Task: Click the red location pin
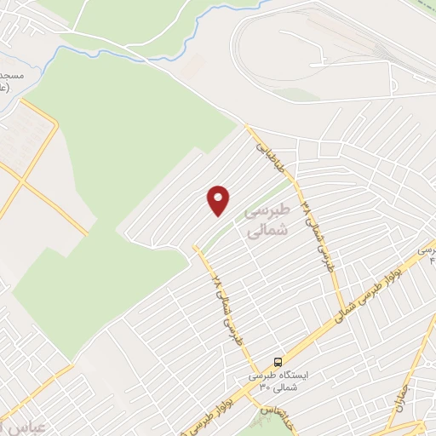pos(219,200)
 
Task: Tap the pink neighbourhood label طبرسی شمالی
pos(267,219)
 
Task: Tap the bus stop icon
pos(278,361)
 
